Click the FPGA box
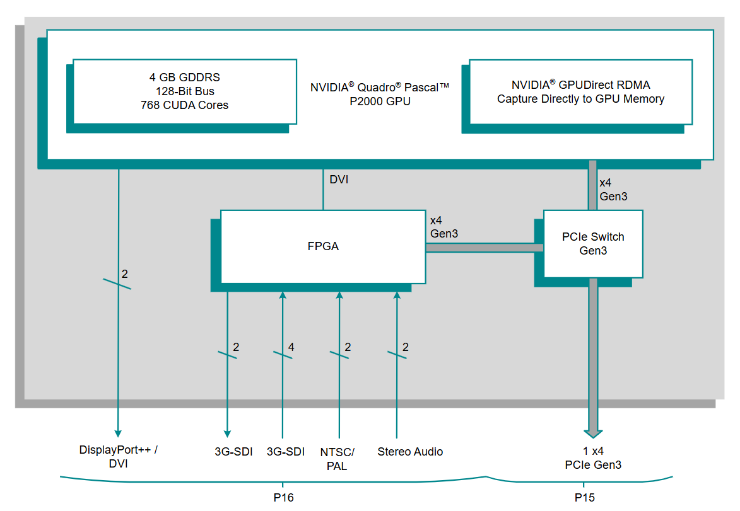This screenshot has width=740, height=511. coord(322,246)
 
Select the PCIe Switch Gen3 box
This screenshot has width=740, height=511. coord(592,244)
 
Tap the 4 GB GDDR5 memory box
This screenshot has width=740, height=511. coord(185,91)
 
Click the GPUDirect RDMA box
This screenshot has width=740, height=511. coord(580,91)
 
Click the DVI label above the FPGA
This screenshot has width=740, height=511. coord(339,180)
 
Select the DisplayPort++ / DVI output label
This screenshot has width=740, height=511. coord(118,457)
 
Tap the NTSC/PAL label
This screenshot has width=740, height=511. coord(338,459)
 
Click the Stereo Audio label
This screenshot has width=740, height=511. coord(410,452)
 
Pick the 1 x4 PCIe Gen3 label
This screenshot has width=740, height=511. coord(593,458)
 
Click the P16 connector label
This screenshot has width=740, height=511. coord(283,498)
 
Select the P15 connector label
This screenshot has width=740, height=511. coord(584,498)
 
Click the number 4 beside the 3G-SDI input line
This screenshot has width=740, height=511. coord(291,347)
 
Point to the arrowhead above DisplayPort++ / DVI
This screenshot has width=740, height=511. coord(118,433)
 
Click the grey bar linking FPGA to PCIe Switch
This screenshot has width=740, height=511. coord(484,248)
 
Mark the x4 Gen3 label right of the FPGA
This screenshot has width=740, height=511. coord(443,227)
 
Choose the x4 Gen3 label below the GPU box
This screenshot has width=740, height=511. coord(613,189)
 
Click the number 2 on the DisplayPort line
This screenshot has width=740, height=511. coord(124,274)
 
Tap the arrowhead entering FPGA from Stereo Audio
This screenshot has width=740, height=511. coord(397,296)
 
